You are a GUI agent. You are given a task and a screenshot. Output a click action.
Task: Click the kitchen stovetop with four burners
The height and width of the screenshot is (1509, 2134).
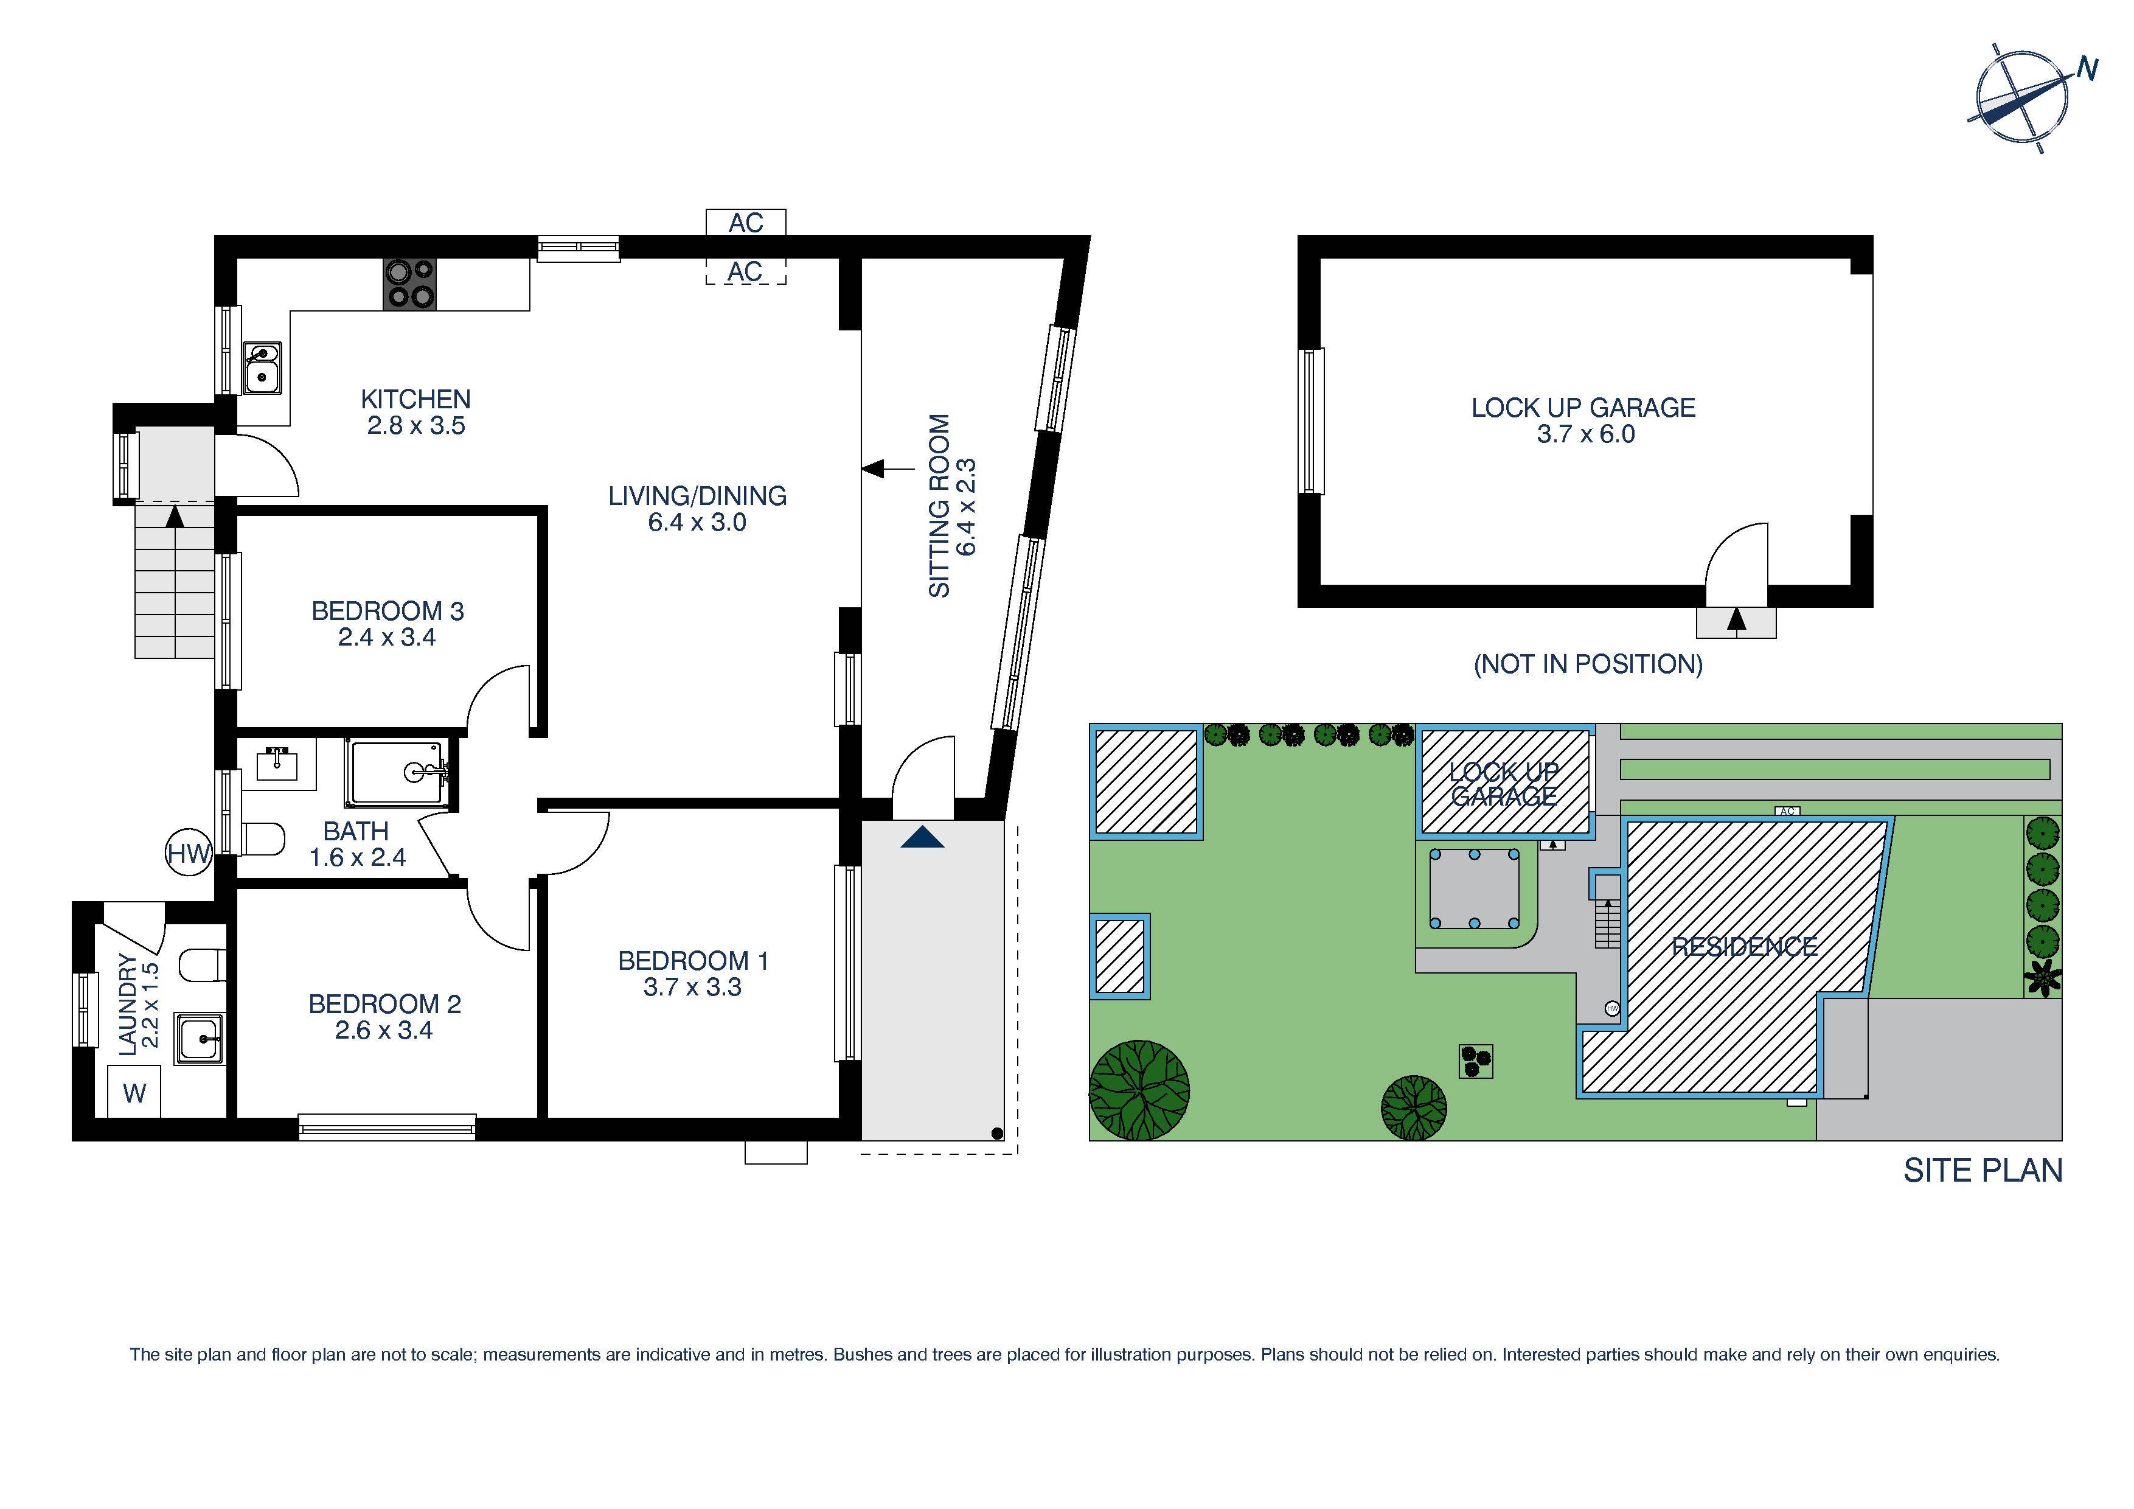pyautogui.click(x=410, y=284)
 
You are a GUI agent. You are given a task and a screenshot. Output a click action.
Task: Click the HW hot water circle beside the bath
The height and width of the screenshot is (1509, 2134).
pyautogui.click(x=189, y=852)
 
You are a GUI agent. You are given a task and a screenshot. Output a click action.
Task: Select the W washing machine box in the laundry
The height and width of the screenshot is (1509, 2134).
pyautogui.click(x=135, y=1092)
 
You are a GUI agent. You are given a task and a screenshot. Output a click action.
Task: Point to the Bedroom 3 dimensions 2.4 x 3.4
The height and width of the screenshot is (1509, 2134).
pyautogui.click(x=387, y=638)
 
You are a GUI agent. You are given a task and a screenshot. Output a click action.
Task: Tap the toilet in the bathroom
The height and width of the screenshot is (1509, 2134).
pyautogui.click(x=264, y=838)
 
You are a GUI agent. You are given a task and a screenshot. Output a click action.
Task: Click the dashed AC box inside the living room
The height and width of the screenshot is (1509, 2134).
pyautogui.click(x=745, y=271)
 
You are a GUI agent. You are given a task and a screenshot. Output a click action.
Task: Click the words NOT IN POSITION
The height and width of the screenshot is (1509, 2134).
pyautogui.click(x=1588, y=664)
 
